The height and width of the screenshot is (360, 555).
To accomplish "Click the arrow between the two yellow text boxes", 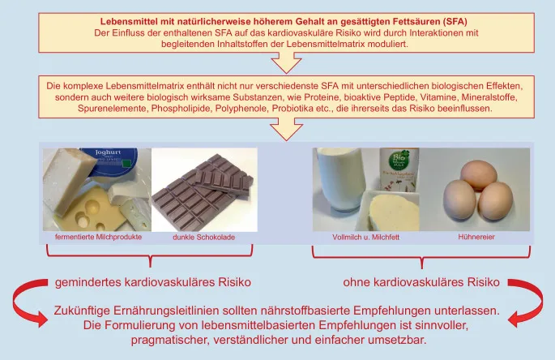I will [285, 62].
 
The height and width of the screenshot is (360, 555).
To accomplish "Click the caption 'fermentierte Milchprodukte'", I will [98, 238].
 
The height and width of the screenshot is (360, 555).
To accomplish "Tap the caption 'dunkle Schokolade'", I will [203, 238].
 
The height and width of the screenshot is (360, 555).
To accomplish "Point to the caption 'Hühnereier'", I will [475, 238].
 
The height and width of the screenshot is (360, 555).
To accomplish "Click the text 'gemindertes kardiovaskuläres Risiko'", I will [152, 283].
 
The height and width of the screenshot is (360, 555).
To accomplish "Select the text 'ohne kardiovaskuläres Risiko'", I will [422, 283].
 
